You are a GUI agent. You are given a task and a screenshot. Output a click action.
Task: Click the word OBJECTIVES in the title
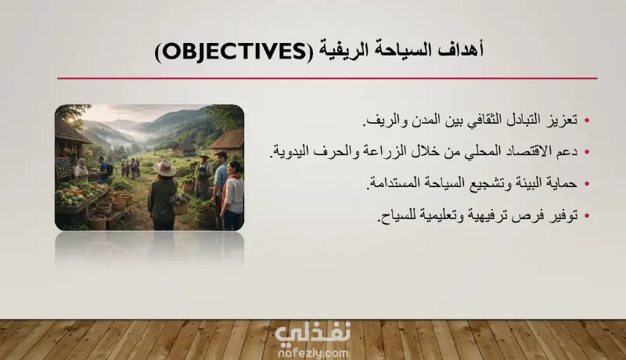click(234, 52)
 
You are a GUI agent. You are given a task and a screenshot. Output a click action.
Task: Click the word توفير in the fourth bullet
click(563, 215)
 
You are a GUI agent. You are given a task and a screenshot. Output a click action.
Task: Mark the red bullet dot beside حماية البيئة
click(586, 184)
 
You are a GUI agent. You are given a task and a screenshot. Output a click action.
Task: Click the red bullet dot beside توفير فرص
click(586, 216)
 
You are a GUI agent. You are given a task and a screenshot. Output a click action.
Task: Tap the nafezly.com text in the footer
click(312, 353)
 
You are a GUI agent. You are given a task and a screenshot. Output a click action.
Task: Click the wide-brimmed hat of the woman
click(164, 168)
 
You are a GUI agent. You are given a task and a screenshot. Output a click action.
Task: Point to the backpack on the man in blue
click(109, 169)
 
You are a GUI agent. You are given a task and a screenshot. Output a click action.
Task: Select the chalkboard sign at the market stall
click(62, 167)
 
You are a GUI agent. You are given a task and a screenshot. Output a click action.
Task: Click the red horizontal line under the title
click(327, 78)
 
